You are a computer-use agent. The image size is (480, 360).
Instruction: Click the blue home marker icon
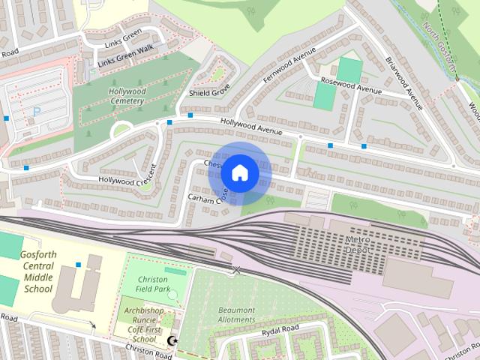[239, 172]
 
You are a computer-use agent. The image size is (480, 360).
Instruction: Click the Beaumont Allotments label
[236, 315]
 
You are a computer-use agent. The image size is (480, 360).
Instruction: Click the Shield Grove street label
[209, 93]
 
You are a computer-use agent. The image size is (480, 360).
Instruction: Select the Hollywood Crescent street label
[126, 180]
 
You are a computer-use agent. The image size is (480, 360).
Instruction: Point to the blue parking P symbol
[37, 111]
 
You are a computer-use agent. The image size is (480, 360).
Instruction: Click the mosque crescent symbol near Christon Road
[172, 342]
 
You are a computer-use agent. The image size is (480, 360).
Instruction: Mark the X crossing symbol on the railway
[236, 269]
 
